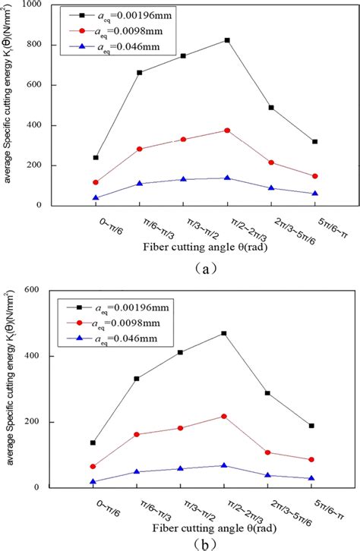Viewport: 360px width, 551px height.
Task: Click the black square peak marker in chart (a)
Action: (228, 40)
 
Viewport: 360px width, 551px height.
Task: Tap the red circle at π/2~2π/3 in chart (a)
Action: (228, 131)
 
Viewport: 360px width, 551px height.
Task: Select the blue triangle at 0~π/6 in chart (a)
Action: (96, 197)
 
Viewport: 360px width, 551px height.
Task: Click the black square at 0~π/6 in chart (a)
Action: (96, 158)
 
